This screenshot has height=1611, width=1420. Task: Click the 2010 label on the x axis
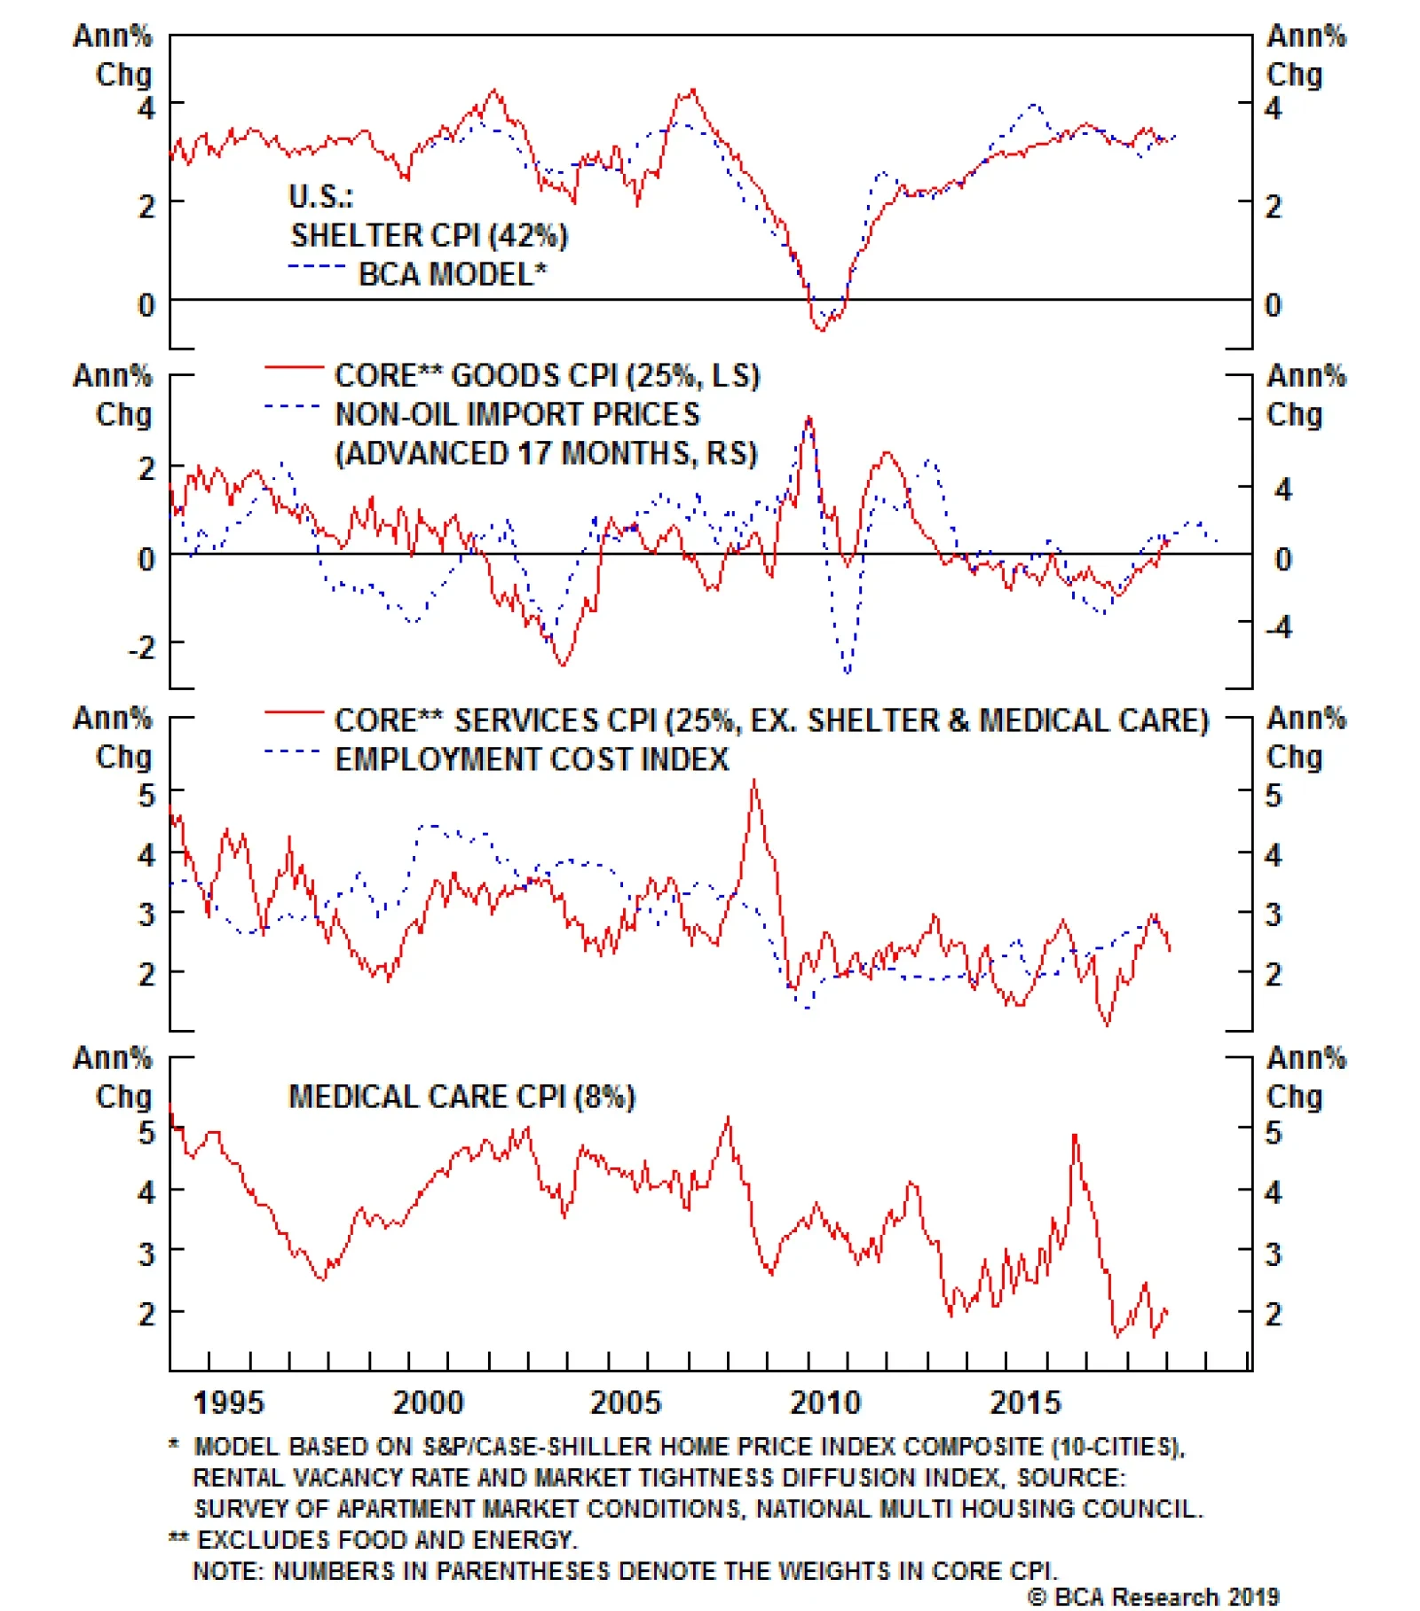(824, 1403)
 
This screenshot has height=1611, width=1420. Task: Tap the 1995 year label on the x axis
(228, 1403)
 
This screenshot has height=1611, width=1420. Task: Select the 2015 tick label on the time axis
(1025, 1403)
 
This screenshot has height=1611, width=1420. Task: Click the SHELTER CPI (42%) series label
(429, 236)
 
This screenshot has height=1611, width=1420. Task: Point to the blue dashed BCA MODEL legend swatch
(315, 267)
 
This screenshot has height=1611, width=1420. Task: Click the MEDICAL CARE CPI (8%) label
(461, 1097)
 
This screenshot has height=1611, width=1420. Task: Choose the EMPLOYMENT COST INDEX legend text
(532, 759)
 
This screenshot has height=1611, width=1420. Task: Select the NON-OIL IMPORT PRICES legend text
(517, 414)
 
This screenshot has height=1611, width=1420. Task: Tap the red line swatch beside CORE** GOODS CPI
(294, 367)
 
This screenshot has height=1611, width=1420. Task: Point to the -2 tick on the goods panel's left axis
(142, 647)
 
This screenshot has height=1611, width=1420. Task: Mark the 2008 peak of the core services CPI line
(754, 782)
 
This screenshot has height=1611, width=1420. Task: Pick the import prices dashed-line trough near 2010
(848, 672)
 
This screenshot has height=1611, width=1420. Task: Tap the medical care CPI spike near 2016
(1075, 1136)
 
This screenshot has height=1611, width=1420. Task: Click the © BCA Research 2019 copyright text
(1153, 1597)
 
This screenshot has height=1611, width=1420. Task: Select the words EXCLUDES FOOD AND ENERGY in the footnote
(387, 1540)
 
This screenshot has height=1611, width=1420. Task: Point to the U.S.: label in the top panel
(320, 196)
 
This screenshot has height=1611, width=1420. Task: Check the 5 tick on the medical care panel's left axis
(146, 1133)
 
